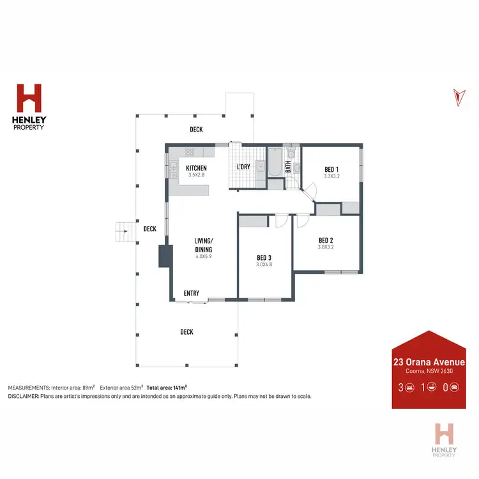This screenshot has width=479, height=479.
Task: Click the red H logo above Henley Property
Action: tap(29, 98)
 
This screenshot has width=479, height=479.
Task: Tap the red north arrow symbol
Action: tap(457, 96)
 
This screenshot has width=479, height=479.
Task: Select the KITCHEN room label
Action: tap(196, 169)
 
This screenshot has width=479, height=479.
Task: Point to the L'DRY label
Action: tap(243, 167)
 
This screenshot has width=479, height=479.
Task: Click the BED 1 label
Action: tap(332, 169)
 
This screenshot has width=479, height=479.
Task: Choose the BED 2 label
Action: tap(326, 240)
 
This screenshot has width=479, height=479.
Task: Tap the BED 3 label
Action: tap(264, 257)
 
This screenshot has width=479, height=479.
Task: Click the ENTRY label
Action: tap(192, 293)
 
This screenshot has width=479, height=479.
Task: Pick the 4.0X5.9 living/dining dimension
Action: tap(204, 256)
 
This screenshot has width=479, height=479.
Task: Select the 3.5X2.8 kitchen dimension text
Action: tap(196, 175)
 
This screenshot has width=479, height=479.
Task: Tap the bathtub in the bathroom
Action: tap(274, 162)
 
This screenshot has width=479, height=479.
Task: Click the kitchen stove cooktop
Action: tap(189, 151)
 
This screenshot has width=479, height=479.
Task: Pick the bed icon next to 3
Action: tap(409, 387)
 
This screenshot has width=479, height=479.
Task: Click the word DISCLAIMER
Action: tap(23, 396)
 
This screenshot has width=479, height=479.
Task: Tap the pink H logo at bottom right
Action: tap(445, 434)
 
